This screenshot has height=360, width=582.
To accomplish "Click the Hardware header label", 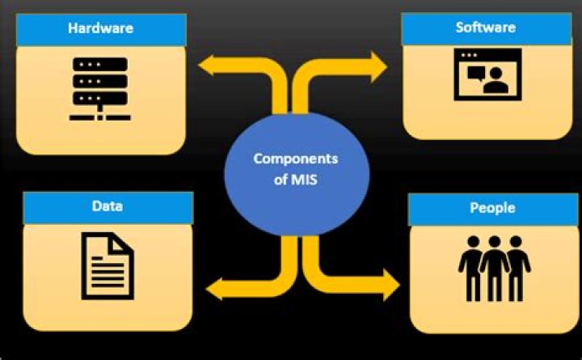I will pyautogui.click(x=100, y=29).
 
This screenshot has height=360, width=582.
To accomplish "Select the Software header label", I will pyautogui.click(x=486, y=27).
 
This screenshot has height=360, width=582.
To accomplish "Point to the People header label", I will pyautogui.click(x=492, y=208).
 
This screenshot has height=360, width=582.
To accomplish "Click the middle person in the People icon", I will pyautogui.click(x=494, y=268).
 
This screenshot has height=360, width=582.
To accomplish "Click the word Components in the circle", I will pyautogui.click(x=296, y=159).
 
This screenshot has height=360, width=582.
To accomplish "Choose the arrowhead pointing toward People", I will pyautogui.click(x=390, y=284).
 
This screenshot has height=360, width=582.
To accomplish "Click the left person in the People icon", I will pyautogui.click(x=470, y=268).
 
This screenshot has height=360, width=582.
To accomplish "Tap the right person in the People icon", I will pyautogui.click(x=517, y=268).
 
